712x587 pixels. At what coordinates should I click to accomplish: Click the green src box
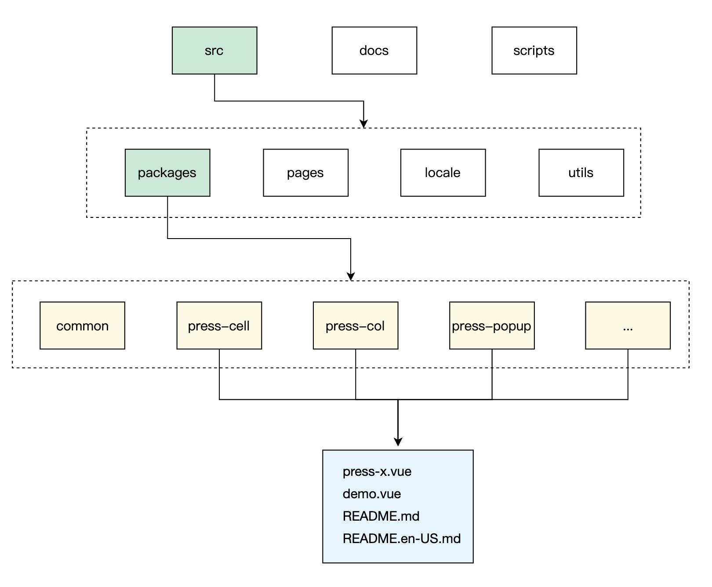[x=214, y=51]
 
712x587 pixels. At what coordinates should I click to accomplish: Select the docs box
[x=374, y=51]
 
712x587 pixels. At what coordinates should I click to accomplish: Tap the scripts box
[x=534, y=51]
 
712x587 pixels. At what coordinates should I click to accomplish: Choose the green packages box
[x=167, y=173]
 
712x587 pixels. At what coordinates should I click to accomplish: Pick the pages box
[x=305, y=173]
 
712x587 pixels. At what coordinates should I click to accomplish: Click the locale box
[x=443, y=173]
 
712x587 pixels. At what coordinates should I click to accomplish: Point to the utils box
[x=581, y=173]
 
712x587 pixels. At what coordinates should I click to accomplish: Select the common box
[x=82, y=326]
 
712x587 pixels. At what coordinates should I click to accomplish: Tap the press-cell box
[x=219, y=326]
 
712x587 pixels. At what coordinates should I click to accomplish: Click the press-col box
[x=356, y=326]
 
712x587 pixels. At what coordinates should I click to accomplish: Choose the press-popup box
[x=492, y=326]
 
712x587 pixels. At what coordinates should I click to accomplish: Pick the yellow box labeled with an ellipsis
[x=628, y=326]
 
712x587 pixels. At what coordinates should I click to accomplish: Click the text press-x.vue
[x=377, y=471]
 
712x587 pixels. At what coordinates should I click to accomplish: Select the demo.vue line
[x=372, y=494]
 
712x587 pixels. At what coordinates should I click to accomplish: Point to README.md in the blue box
[x=381, y=516]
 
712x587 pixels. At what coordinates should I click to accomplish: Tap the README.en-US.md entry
[x=402, y=538]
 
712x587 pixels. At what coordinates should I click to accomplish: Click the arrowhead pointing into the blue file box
[x=398, y=442]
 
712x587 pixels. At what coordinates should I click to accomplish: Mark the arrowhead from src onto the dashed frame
[x=363, y=123]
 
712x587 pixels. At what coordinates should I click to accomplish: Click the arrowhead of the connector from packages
[x=350, y=276]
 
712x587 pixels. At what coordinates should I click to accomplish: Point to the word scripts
[x=534, y=51]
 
